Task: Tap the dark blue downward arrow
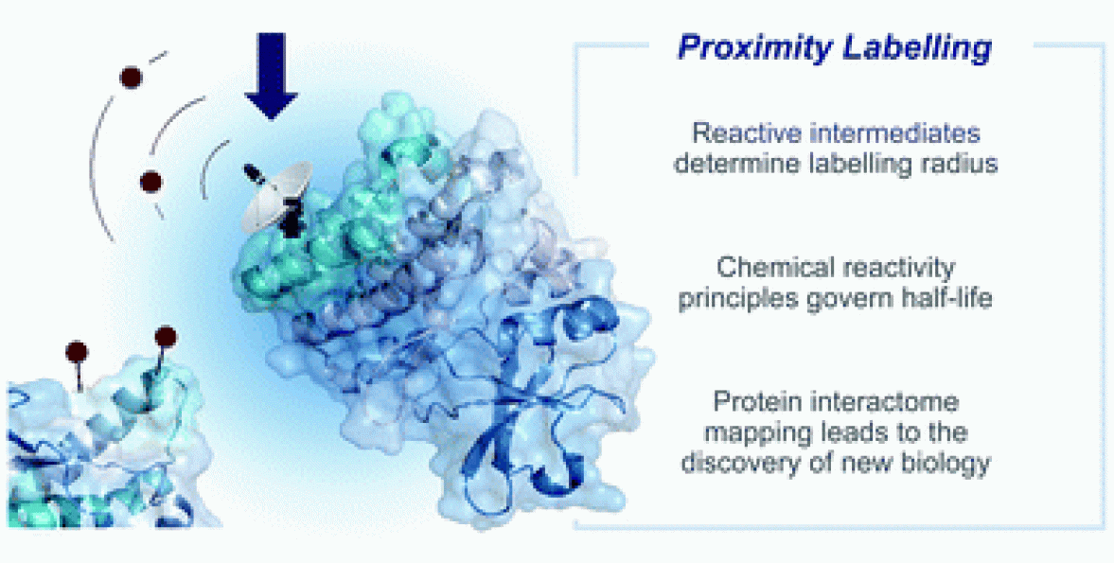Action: tap(271, 76)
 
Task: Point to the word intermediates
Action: tap(891, 132)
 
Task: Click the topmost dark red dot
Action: tap(130, 78)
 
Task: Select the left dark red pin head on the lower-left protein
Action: tap(77, 351)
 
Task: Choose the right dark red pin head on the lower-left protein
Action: tap(165, 336)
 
